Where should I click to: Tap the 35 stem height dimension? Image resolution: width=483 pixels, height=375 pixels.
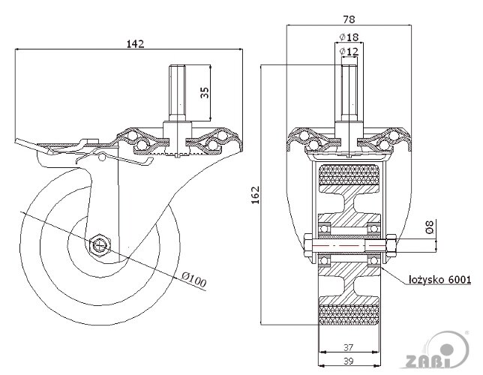tap(204, 93)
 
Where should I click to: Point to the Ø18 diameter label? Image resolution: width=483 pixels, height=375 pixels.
tap(349, 36)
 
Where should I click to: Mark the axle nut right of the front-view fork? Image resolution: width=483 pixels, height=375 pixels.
tap(391, 244)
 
